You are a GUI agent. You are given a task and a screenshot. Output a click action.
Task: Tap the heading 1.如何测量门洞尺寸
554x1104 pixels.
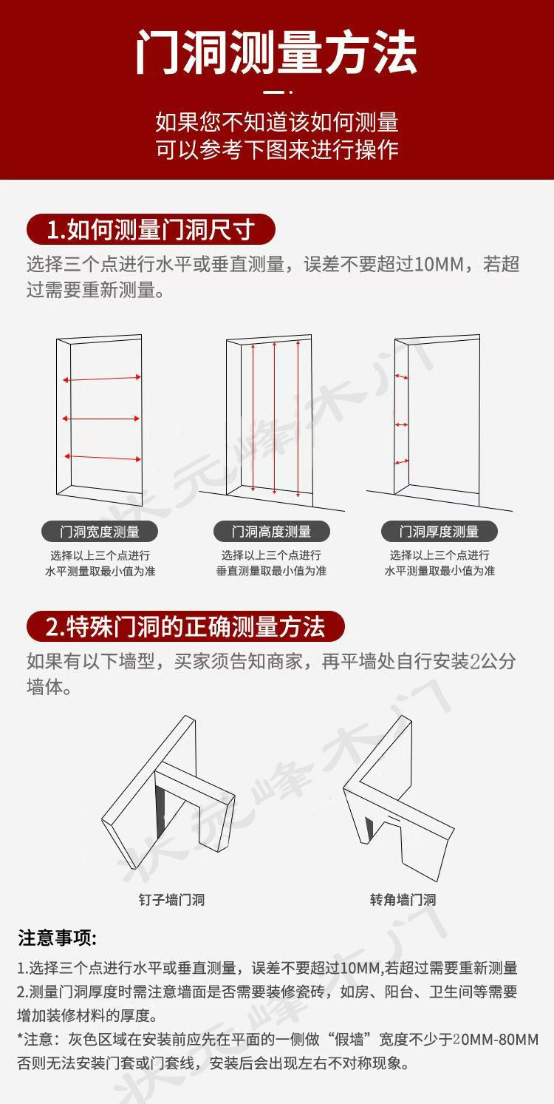point(151,229)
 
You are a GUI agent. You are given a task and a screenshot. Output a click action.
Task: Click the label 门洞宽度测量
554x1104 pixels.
point(100,531)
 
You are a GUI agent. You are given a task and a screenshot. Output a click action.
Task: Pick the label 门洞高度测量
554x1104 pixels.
point(271,531)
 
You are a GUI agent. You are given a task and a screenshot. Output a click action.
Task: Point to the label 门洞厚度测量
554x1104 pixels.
point(439,531)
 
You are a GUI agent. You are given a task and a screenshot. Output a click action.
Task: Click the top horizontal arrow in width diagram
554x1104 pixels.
point(102,379)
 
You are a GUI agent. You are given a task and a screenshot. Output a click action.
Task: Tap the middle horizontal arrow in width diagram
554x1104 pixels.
point(101,419)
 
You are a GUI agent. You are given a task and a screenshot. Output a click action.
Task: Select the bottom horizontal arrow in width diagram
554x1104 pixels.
point(102,457)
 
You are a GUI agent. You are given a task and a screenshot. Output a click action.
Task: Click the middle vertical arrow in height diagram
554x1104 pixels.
point(275,418)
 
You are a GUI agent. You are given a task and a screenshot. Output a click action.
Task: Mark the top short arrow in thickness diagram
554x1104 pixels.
point(401,377)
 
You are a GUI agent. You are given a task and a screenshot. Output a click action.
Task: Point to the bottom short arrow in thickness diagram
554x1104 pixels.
point(401,462)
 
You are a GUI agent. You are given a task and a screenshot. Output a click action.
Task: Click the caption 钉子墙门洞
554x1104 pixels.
point(171,900)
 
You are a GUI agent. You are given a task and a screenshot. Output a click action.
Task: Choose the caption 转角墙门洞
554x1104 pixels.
point(403,900)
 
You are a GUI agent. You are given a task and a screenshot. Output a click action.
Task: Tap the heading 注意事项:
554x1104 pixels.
point(58,938)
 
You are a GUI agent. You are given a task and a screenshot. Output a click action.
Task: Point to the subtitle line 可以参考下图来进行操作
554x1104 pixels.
point(276,149)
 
